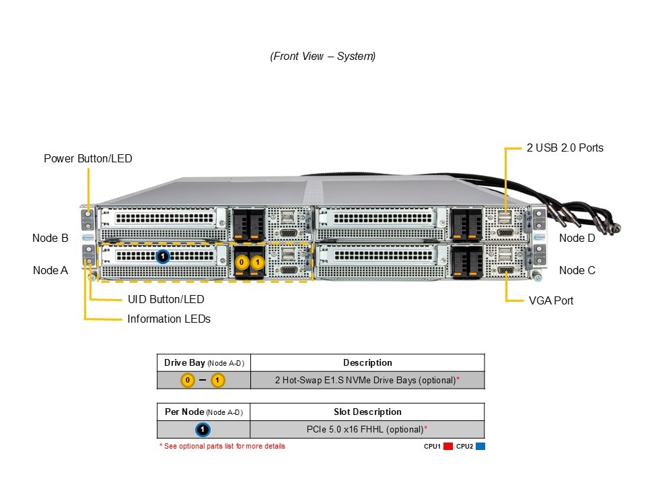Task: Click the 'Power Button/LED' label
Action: coord(88,159)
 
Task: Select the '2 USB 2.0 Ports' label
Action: coord(565,148)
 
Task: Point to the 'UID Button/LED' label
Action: coord(166,299)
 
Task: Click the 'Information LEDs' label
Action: coord(169,319)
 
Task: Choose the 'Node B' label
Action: coord(50,238)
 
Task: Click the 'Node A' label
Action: coord(50,270)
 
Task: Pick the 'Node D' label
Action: coord(577,238)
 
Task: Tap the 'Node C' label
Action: coord(577,270)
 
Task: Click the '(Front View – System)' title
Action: coord(323,57)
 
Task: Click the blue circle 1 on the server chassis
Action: coord(163,257)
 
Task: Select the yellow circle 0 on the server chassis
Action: coord(243,262)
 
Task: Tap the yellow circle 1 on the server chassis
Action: coord(258,262)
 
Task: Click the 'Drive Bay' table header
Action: coord(203,363)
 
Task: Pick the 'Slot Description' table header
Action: coord(367,412)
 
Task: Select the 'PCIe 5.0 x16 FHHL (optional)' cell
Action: coord(367,429)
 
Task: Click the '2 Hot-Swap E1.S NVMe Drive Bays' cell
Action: coord(367,380)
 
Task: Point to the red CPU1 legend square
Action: coord(448,446)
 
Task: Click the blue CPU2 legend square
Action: coord(480,446)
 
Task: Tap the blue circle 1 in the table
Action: coord(203,429)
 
